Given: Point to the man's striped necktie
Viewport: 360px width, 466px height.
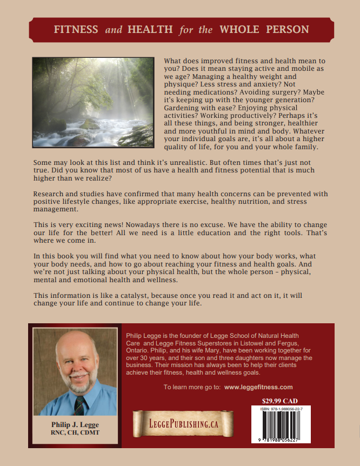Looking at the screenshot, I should tap(79, 403).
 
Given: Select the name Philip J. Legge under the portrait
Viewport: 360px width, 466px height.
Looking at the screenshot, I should tap(75, 424).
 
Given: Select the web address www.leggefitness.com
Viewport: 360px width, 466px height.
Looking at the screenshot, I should tap(258, 387).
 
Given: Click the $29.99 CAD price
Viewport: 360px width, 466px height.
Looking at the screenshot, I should tap(279, 401).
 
